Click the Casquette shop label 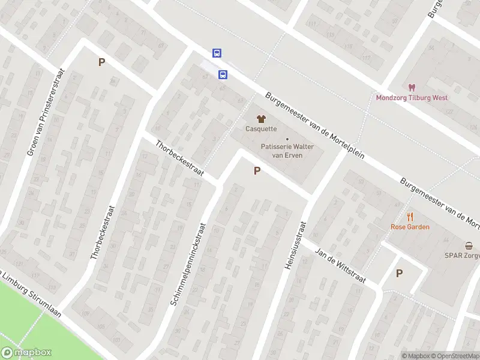tap(261, 128)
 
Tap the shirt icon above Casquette tap(261, 119)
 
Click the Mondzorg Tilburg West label tap(412, 98)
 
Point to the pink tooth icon tap(412, 88)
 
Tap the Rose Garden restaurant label tap(410, 227)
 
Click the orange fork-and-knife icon tap(410, 217)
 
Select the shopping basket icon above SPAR tap(469, 245)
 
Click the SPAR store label tap(461, 255)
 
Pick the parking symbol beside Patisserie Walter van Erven tap(257, 171)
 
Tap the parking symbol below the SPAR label tap(399, 273)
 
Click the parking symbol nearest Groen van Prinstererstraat tap(101, 62)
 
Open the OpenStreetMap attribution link tap(454, 356)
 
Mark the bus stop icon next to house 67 tap(223, 75)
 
